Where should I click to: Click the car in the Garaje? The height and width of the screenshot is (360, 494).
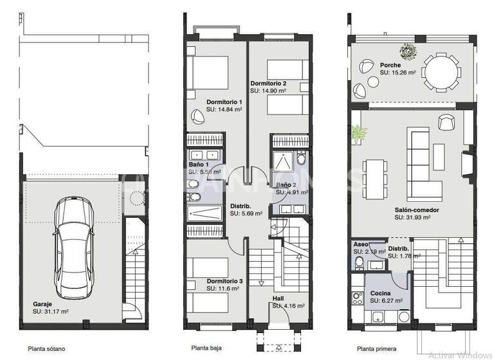[x=78, y=240]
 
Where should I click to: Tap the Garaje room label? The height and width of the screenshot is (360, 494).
[x=44, y=304]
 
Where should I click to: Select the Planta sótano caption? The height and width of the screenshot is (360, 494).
[x=46, y=349]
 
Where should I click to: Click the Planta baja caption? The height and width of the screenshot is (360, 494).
[x=206, y=348]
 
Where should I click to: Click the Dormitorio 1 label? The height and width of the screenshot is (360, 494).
[x=224, y=102]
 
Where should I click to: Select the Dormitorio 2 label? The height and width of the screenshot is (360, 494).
[x=268, y=84]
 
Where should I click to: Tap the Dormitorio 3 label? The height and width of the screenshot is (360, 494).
[x=224, y=281]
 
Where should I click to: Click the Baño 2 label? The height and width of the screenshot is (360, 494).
[x=286, y=184]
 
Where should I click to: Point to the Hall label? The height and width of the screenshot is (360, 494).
[x=278, y=298]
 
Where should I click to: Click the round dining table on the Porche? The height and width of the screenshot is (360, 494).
[x=441, y=73]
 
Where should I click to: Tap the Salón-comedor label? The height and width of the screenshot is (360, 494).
[x=417, y=210]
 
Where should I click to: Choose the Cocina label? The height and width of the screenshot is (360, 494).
[x=380, y=292]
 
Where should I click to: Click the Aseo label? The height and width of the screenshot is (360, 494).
[x=360, y=244]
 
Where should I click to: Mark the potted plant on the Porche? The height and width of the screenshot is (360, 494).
[x=406, y=50]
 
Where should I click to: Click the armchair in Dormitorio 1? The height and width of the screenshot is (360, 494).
[x=196, y=116]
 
